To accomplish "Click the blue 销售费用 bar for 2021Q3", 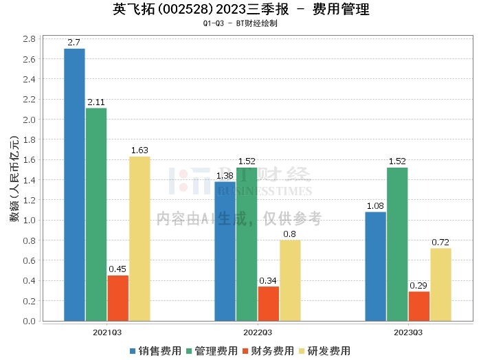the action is click(74, 185).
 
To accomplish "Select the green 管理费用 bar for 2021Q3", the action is click(96, 214).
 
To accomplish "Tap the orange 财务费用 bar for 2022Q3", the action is click(269, 304).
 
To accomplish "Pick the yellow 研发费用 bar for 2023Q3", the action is click(440, 284).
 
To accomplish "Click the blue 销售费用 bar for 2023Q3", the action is click(375, 267).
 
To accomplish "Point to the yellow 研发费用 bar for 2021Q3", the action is click(139, 239).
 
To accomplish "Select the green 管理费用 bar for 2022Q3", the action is click(247, 245).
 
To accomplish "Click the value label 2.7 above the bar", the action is click(74, 43).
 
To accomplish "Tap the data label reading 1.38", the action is click(225, 176).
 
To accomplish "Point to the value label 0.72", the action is click(440, 243).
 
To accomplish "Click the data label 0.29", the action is click(418, 286).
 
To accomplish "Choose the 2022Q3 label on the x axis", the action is click(258, 333).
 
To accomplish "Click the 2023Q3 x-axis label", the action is click(408, 333).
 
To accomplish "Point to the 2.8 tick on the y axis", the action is click(29, 39).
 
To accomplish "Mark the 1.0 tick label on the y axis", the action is click(29, 221).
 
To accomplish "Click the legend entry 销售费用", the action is click(156, 351).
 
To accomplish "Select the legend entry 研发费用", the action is click(325, 351).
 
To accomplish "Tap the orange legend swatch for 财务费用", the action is click(245, 351).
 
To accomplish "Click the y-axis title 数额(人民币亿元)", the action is click(14, 179).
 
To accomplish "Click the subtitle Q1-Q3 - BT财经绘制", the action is click(240, 23).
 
